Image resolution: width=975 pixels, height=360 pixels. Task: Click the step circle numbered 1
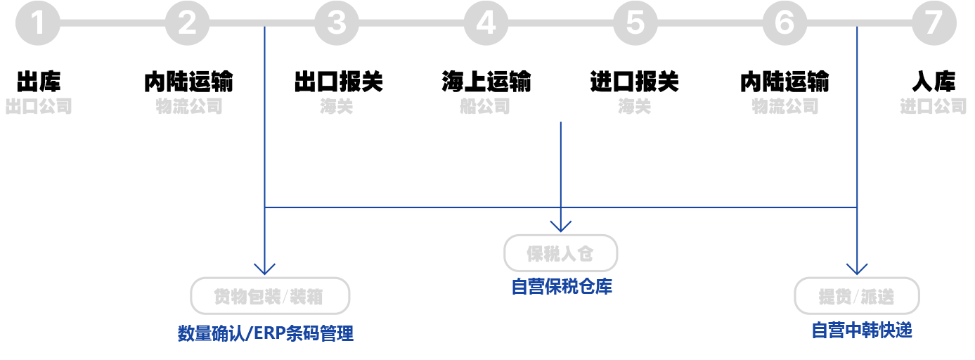[37, 22]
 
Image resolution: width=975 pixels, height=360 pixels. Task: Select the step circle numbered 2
[187, 22]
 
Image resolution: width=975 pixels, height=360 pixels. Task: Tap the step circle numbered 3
[337, 22]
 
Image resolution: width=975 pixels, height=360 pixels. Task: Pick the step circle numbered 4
[486, 22]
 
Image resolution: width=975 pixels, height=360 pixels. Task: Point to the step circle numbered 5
[635, 22]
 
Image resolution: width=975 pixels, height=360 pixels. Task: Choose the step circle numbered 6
[784, 22]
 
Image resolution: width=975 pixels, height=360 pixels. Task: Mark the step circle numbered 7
[934, 22]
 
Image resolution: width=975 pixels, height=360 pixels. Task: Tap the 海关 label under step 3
[335, 107]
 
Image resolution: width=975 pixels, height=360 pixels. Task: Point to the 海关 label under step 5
[635, 107]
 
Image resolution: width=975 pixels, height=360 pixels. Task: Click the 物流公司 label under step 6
[784, 107]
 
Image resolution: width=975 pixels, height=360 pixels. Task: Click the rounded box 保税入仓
[560, 253]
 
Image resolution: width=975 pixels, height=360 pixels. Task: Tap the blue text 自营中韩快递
[861, 330]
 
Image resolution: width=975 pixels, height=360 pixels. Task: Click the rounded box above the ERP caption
[269, 296]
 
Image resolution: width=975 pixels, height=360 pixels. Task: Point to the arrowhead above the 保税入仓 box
[560, 225]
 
